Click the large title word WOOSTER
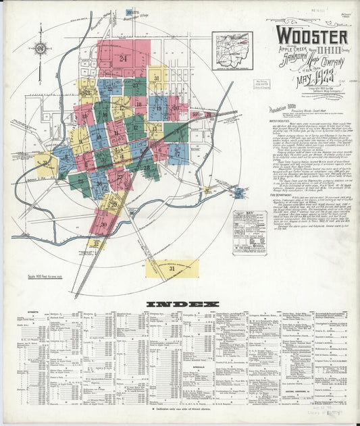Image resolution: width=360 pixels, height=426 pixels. tap(311, 36)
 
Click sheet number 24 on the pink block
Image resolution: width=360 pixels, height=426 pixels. tap(123, 59)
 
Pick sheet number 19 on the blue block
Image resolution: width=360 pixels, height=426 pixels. tap(158, 108)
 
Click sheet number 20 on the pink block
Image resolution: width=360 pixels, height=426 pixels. tap(175, 107)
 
